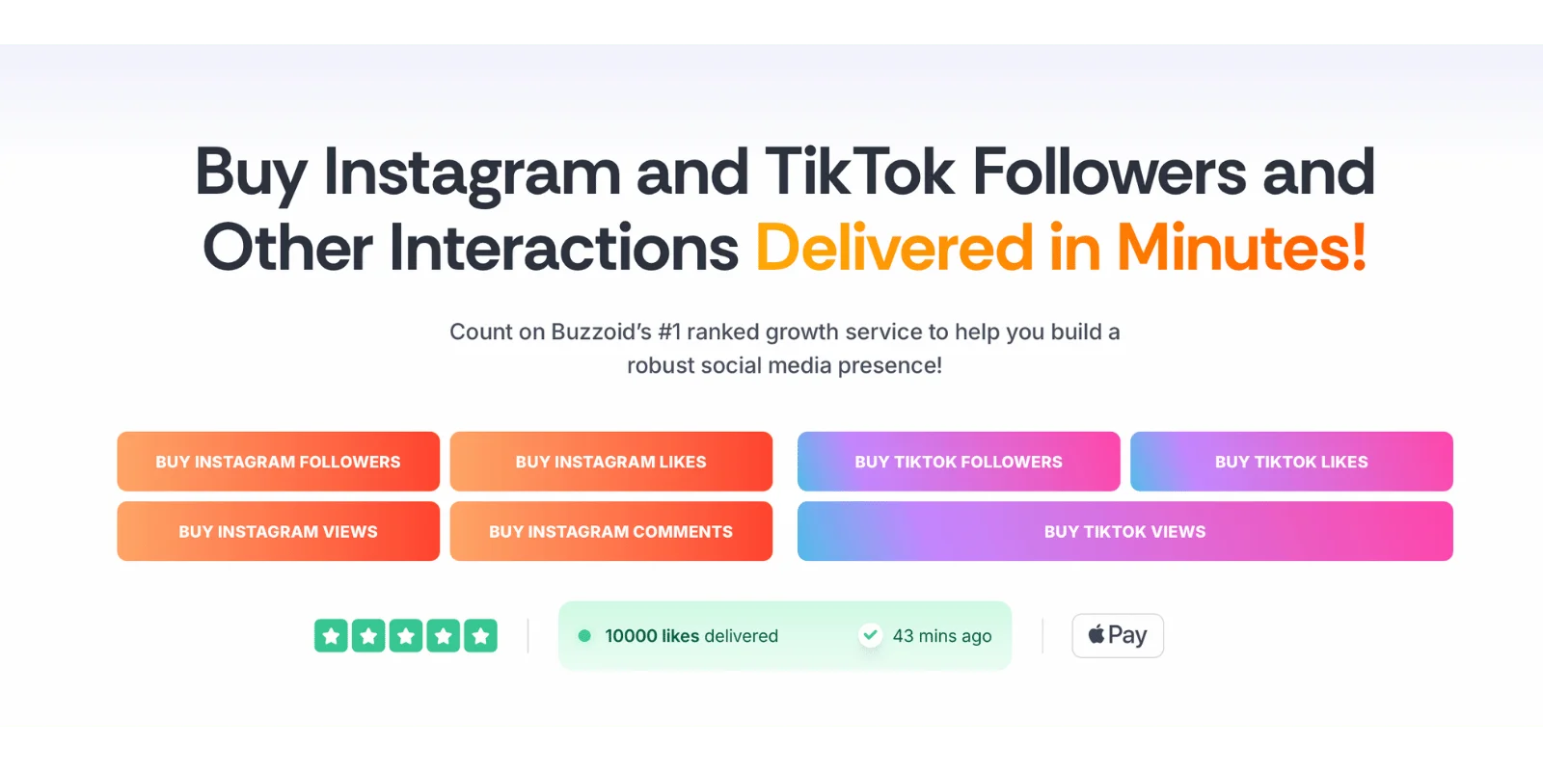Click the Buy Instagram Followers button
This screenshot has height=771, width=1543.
(279, 462)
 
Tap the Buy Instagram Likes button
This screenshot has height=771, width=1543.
(611, 462)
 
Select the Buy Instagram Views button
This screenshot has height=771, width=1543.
(279, 531)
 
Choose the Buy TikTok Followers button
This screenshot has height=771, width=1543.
(959, 462)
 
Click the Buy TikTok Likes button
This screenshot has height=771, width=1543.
(1291, 462)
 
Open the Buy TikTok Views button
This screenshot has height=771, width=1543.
(1124, 531)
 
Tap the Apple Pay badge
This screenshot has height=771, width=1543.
(1118, 635)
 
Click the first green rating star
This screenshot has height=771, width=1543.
(332, 635)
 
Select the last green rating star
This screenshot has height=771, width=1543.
(480, 635)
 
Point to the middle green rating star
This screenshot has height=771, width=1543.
(406, 635)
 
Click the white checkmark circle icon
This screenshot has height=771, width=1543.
(871, 635)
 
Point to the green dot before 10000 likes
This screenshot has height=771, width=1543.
(584, 635)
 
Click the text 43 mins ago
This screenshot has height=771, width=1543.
(942, 636)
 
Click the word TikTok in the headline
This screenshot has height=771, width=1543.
(859, 173)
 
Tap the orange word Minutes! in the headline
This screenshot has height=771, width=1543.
(1241, 248)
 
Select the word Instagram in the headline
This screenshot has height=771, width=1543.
(473, 174)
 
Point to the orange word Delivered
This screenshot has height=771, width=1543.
(894, 248)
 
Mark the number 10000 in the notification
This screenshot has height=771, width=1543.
(631, 636)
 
